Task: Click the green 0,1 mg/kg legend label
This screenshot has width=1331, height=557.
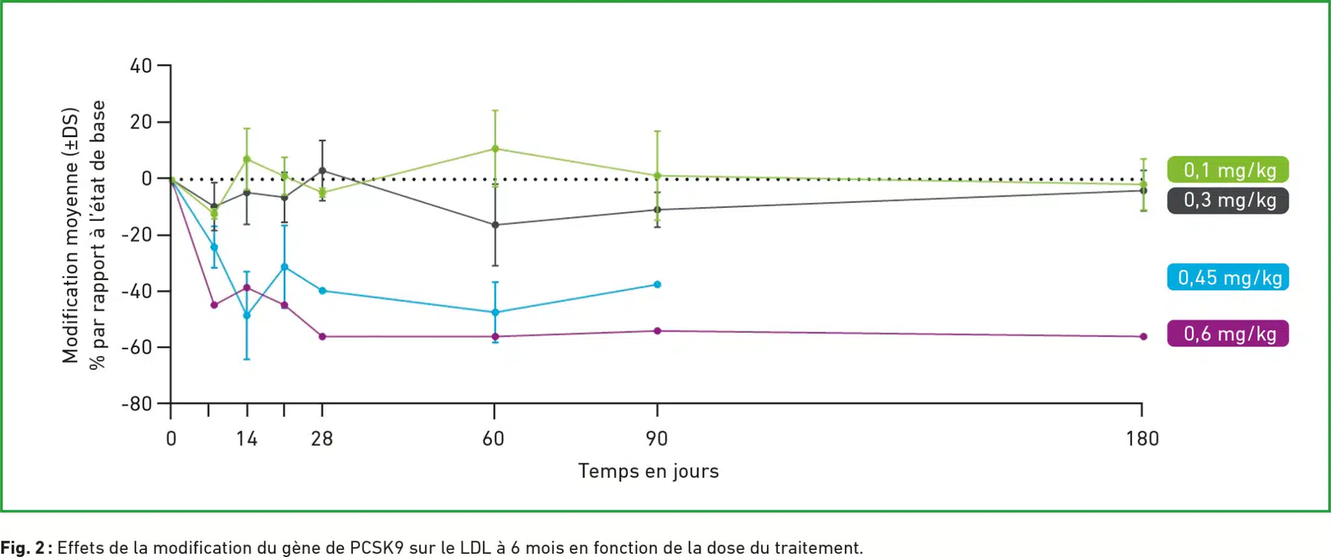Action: [1228, 170]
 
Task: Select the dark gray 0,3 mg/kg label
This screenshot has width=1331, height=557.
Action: [1228, 200]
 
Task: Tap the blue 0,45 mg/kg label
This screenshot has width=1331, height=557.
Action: [1228, 278]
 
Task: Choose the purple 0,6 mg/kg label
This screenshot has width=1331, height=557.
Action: [1228, 333]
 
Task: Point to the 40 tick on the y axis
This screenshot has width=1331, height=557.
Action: [141, 66]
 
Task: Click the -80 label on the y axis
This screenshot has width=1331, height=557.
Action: [136, 404]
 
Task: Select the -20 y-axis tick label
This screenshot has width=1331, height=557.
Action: [136, 235]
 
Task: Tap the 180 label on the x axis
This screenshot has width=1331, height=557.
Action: [1142, 439]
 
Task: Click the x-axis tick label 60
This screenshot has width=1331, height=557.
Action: [493, 439]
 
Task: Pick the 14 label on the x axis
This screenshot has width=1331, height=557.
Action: [246, 439]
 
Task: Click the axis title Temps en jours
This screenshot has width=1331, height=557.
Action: [648, 471]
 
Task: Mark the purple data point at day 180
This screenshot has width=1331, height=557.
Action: [1143, 337]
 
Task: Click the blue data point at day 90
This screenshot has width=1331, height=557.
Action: [657, 285]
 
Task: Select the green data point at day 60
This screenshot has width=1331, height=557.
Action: [495, 149]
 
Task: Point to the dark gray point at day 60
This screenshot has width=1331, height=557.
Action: [495, 225]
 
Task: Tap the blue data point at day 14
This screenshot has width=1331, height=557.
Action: [246, 315]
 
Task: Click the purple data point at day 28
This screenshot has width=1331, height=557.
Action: [322, 337]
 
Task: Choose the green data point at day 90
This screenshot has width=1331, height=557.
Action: [657, 175]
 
